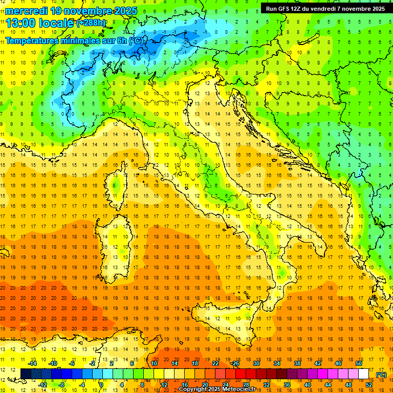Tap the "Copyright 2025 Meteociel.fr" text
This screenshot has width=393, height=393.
pyautogui.click(x=221, y=389)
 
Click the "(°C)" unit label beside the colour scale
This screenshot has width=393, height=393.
pyautogui.click(x=381, y=375)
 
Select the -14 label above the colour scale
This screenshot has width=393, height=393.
pyautogui.click(x=32, y=363)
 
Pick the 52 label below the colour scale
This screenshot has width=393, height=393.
pyautogui.click(x=369, y=385)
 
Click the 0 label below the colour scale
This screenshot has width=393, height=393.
pyautogui.click(x=101, y=385)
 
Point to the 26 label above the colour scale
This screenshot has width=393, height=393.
pyautogui.click(x=235, y=363)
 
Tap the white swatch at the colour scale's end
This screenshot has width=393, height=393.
pyautogui.click(x=364, y=374)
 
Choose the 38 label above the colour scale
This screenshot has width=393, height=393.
pyautogui.click(x=297, y=363)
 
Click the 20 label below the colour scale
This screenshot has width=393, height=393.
pyautogui.click(x=205, y=385)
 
